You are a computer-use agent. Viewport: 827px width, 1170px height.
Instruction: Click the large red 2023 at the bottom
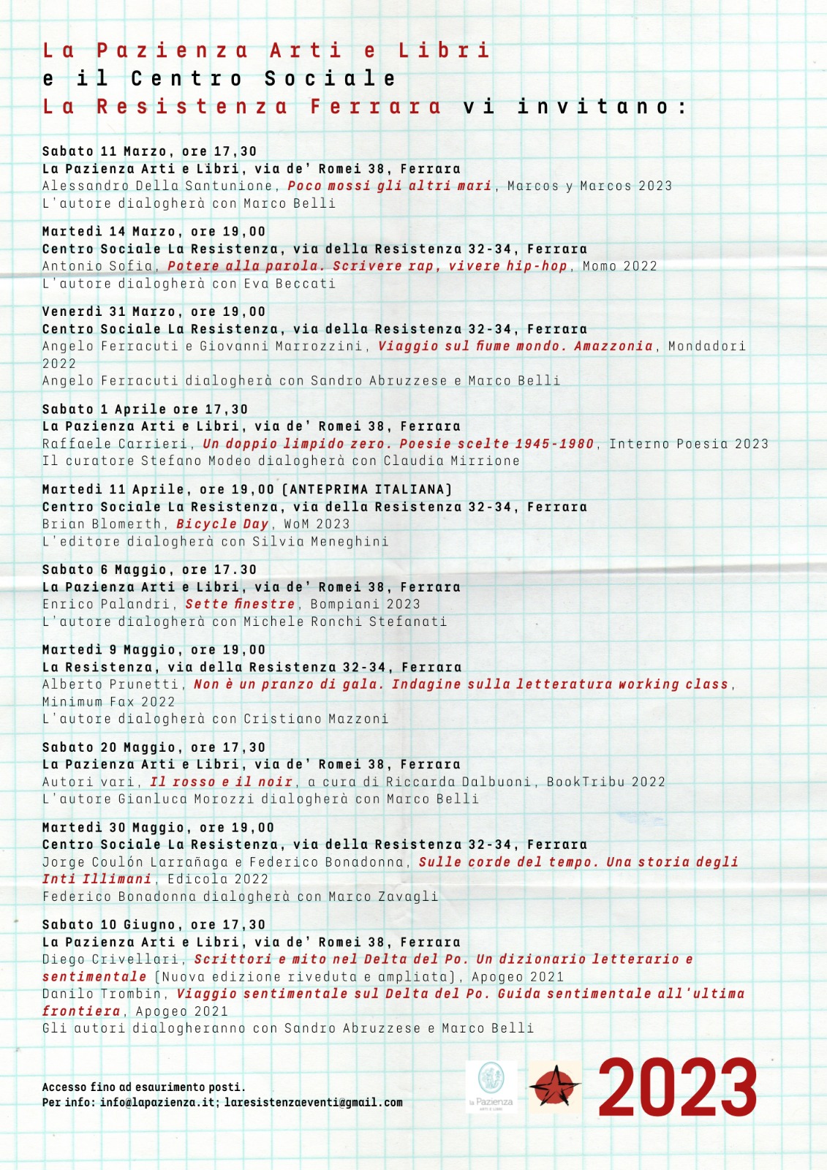click(677, 1089)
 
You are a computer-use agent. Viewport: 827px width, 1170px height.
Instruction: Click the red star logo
click(555, 1087)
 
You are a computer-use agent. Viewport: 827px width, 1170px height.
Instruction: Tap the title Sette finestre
click(240, 604)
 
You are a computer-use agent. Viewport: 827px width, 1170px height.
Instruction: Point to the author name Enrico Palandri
click(107, 604)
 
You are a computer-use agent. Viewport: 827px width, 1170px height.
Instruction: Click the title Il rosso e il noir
click(221, 782)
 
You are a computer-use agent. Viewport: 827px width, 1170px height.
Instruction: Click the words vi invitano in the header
click(575, 107)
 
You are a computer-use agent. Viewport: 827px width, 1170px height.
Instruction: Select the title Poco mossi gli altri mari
click(389, 186)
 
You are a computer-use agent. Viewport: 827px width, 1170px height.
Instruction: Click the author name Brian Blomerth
click(102, 524)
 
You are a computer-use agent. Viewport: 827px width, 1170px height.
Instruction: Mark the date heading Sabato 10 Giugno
click(110, 925)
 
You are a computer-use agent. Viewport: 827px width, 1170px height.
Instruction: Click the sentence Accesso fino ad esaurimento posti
click(143, 1087)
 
